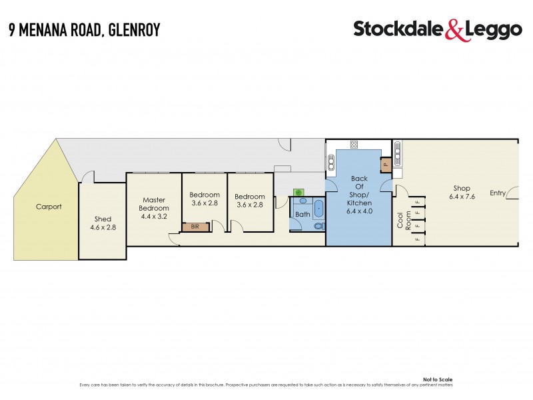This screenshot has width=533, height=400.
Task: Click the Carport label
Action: tap(49, 207)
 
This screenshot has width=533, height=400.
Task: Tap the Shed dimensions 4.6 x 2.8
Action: tap(103, 227)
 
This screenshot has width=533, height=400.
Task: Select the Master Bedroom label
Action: tap(153, 203)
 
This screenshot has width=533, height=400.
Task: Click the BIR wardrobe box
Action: tap(195, 227)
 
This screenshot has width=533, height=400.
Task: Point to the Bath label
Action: tap(302, 215)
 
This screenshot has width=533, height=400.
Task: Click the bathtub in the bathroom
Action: tap(318, 209)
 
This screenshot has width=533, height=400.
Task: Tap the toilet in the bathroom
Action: tap(318, 226)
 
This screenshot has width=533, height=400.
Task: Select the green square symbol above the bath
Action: tap(298, 193)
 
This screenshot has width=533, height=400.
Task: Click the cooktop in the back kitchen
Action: tap(354, 144)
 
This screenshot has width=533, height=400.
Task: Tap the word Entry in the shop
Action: tap(498, 193)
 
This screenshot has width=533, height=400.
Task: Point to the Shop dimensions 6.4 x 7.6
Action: tap(462, 197)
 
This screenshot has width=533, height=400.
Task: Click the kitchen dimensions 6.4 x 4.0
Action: tap(359, 211)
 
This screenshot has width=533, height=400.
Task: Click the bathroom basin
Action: tap(302, 200)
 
